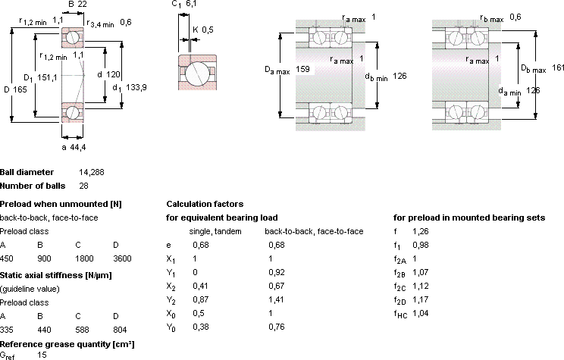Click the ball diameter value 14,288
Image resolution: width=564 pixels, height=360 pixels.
(x=92, y=172)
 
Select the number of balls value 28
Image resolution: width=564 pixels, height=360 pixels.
(x=83, y=186)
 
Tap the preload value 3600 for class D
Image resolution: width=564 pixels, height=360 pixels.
(x=122, y=258)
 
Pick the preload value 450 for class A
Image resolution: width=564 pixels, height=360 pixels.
(x=7, y=258)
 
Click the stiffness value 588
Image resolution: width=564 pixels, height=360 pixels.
(x=82, y=330)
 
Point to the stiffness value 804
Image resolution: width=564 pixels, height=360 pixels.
(x=120, y=330)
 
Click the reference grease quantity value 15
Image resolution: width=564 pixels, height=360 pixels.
(x=42, y=355)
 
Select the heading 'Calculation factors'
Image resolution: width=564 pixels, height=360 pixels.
(x=205, y=205)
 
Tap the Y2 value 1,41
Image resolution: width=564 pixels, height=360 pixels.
(x=276, y=299)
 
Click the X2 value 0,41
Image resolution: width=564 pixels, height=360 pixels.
(x=201, y=286)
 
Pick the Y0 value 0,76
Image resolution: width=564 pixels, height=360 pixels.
(x=277, y=327)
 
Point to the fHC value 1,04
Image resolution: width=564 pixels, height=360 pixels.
(x=421, y=313)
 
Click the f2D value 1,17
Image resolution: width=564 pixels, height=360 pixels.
(x=421, y=299)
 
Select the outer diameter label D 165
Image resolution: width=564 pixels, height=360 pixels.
(x=15, y=89)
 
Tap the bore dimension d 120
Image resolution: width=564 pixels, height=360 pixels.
(x=108, y=74)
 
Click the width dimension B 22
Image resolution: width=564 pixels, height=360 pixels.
(x=77, y=5)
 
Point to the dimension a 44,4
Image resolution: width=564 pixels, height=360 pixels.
(x=74, y=147)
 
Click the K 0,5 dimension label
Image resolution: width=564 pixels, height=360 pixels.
(x=203, y=30)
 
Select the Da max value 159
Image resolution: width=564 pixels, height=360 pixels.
(x=302, y=69)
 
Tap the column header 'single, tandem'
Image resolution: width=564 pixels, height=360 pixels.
(x=215, y=232)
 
